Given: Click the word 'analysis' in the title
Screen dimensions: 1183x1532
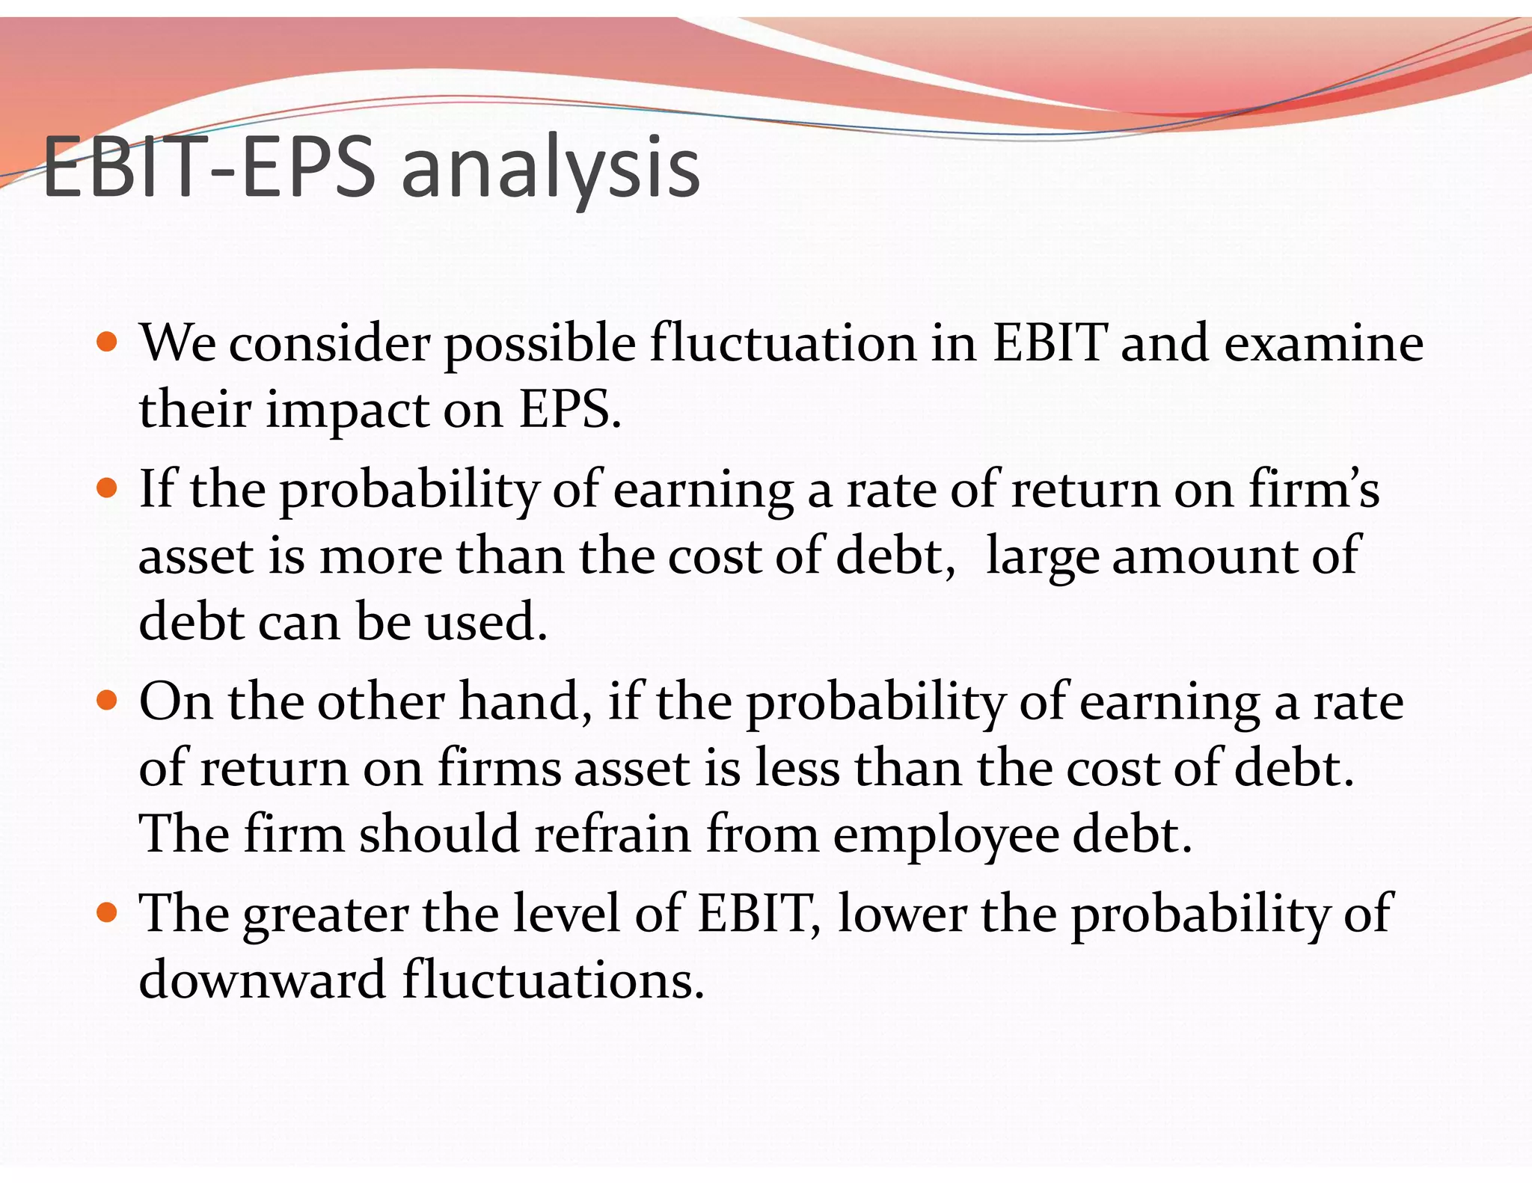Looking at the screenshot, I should click(551, 168).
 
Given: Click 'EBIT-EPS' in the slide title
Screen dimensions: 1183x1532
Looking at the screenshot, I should click(209, 168).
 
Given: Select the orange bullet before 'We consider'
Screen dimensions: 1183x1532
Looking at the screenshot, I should click(108, 343).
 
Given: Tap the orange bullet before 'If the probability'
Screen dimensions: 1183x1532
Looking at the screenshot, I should click(108, 489).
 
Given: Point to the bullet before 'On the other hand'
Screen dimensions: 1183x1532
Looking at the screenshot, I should click(108, 701).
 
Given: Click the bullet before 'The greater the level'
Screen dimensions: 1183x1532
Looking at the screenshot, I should click(108, 913).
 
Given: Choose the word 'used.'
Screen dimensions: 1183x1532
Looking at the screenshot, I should click(486, 621).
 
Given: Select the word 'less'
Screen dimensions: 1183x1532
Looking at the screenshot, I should click(797, 768).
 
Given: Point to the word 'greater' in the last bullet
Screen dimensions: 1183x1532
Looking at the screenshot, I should click(325, 915).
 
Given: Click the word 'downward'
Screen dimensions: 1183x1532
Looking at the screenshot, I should click(262, 980).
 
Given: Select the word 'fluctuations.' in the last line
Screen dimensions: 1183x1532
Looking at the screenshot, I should click(554, 980).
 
